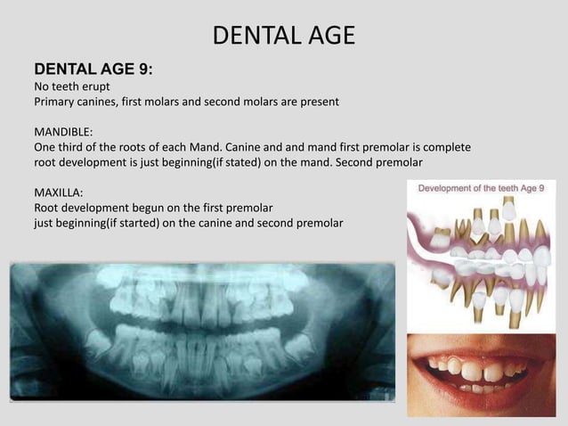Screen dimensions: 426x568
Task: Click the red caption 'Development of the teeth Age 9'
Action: click(482, 187)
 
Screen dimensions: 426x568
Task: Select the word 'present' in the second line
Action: click(315, 102)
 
